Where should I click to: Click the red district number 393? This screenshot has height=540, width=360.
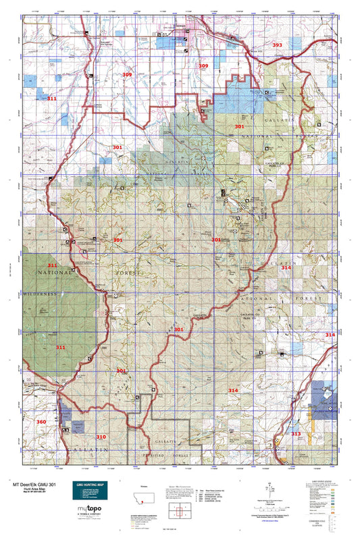(x=278, y=45)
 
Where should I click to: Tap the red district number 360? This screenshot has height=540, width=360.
(x=42, y=422)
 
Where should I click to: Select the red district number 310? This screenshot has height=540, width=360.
(x=101, y=437)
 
